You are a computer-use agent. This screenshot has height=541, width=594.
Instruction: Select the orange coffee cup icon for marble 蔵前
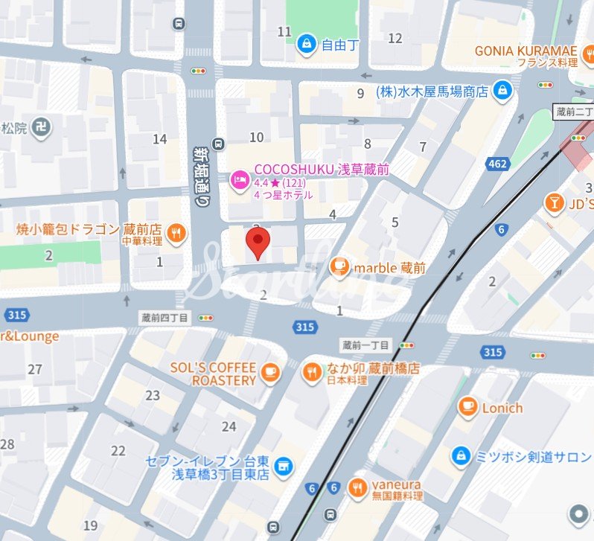coord(339,266)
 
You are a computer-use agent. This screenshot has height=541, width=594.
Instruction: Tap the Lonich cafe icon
coord(467,407)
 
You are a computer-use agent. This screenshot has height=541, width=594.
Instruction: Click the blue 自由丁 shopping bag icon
coord(306,45)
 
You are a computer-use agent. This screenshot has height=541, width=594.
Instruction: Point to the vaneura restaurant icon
coord(358,487)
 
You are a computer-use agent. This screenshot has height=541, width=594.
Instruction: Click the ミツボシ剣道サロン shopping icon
coord(461,454)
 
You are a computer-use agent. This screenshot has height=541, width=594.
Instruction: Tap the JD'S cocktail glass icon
coord(554,202)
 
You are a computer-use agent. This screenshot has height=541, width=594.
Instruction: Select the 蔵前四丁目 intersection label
coord(165,318)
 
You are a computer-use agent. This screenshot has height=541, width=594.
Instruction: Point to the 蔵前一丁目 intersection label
coord(365,345)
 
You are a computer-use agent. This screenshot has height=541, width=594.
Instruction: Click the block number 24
coord(229,426)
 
